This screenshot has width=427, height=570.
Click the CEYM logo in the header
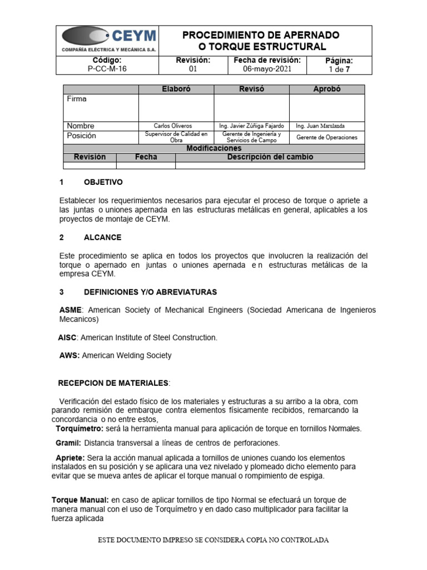[108, 40]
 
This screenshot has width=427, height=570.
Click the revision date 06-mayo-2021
[267, 69]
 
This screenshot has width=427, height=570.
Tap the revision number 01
[193, 69]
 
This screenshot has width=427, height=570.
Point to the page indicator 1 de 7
[339, 70]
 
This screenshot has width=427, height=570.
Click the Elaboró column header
[176, 89]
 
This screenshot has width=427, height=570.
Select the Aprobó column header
[327, 89]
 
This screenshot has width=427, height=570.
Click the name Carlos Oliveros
[176, 126]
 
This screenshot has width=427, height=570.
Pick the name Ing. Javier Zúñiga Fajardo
[251, 126]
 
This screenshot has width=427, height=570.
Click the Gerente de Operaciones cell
[327, 137]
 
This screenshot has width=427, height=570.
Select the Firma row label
[77, 99]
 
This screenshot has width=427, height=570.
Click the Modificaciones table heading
[213, 149]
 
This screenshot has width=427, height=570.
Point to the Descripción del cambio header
[270, 157]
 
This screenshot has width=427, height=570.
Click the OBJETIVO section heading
[103, 183]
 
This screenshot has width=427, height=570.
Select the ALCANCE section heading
[102, 237]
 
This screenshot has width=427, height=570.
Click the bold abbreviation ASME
[71, 309]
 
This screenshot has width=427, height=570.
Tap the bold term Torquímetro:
[79, 429]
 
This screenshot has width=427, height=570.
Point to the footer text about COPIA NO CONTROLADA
[213, 540]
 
